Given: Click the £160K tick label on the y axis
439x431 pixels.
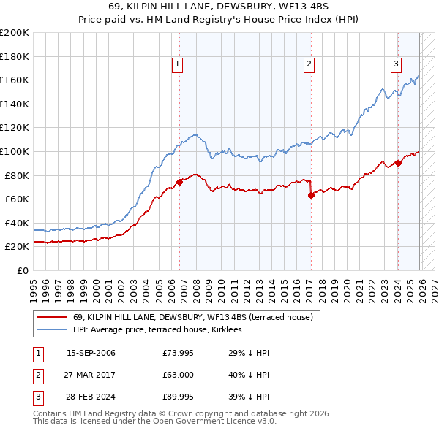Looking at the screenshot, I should [14, 80].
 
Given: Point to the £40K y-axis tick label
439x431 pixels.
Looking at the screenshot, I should [16, 223].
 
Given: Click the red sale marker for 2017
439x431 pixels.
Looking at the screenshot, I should [311, 195].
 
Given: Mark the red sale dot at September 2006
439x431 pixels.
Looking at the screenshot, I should [179, 183].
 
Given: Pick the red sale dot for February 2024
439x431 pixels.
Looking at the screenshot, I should [398, 163].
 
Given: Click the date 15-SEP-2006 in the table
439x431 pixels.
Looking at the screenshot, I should [91, 353].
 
